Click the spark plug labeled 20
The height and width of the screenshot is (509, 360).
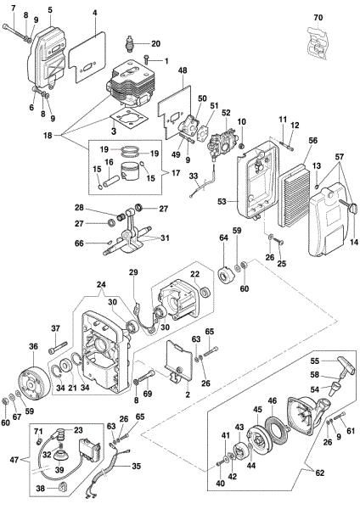130,42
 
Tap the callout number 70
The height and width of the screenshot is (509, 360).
318,17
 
